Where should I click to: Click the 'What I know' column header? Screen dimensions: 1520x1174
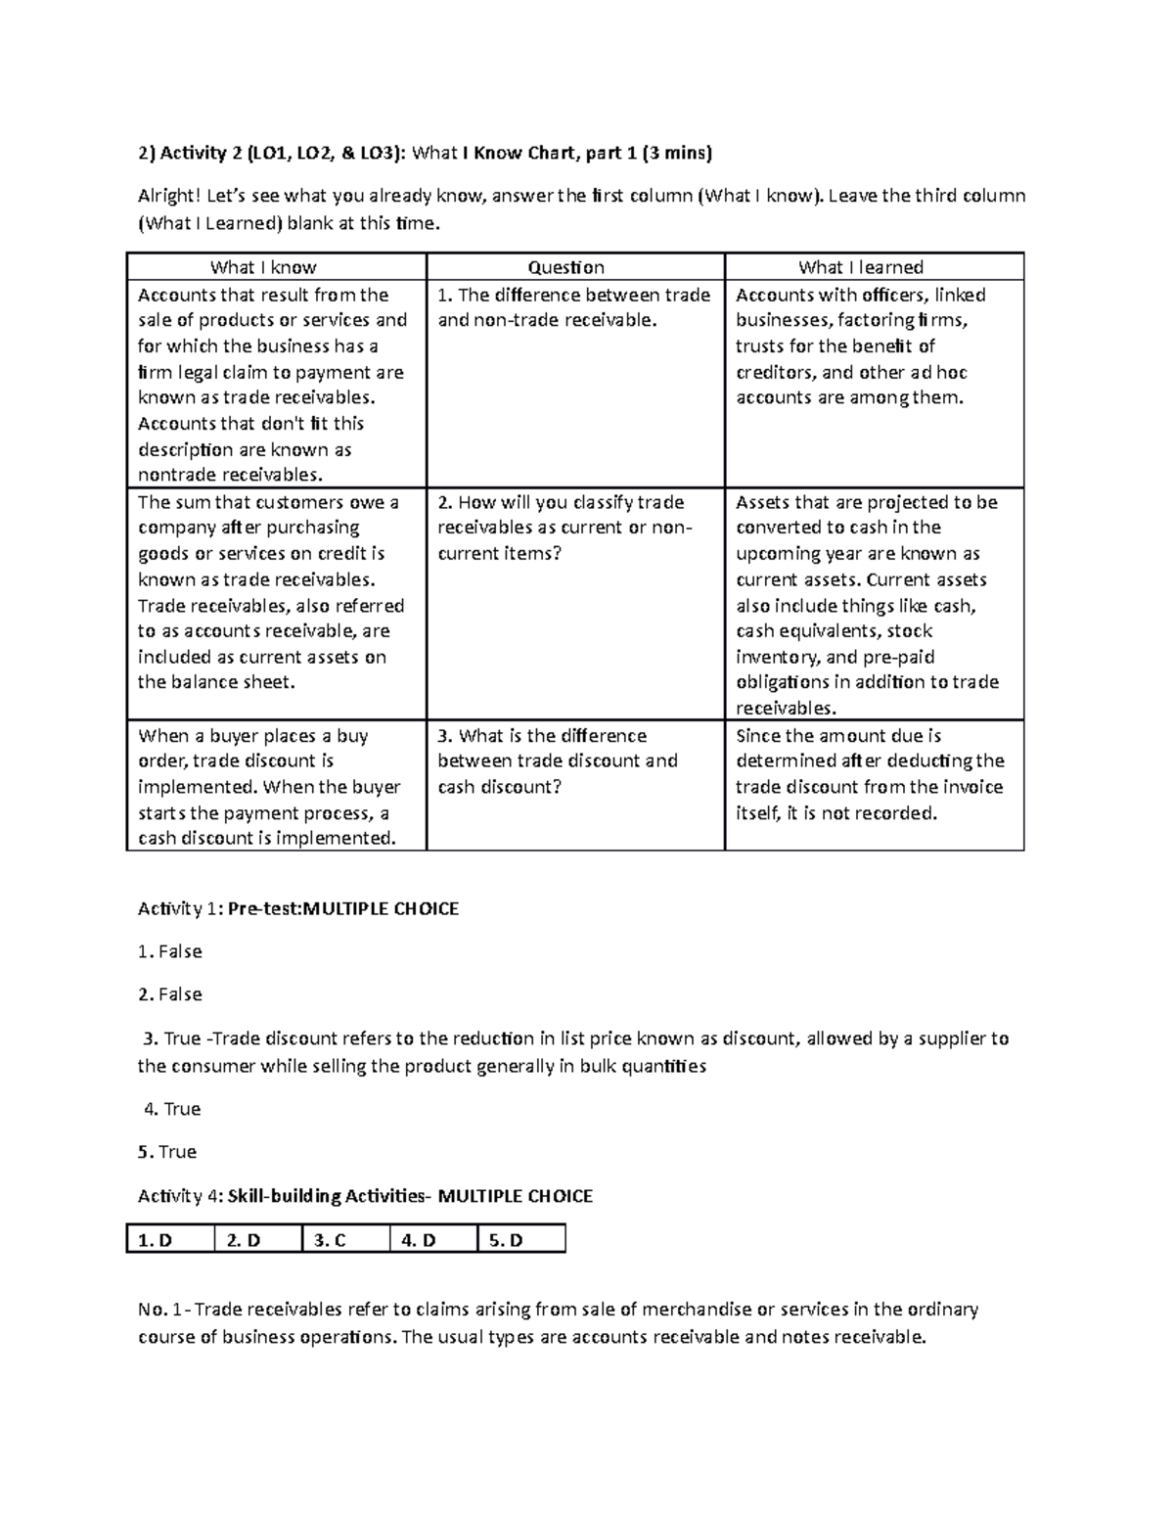[263, 267]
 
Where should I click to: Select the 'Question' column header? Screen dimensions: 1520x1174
[565, 267]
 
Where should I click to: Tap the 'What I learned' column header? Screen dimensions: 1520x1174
[860, 267]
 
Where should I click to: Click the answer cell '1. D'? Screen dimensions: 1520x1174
[155, 1240]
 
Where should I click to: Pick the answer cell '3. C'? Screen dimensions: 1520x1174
[330, 1240]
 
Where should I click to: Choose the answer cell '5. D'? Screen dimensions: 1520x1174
[506, 1240]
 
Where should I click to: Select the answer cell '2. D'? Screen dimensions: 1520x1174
[243, 1240]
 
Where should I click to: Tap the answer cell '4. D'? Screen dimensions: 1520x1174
[418, 1240]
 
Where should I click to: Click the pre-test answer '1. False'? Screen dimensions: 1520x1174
[170, 951]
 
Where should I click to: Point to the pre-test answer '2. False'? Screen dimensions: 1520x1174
[170, 994]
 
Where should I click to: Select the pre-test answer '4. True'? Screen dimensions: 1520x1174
[172, 1109]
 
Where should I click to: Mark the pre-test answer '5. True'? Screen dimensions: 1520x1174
[167, 1152]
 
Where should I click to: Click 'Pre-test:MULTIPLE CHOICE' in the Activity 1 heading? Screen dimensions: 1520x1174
[342, 909]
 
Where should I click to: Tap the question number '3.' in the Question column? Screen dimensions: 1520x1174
[445, 736]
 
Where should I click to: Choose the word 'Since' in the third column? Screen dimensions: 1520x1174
[758, 736]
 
